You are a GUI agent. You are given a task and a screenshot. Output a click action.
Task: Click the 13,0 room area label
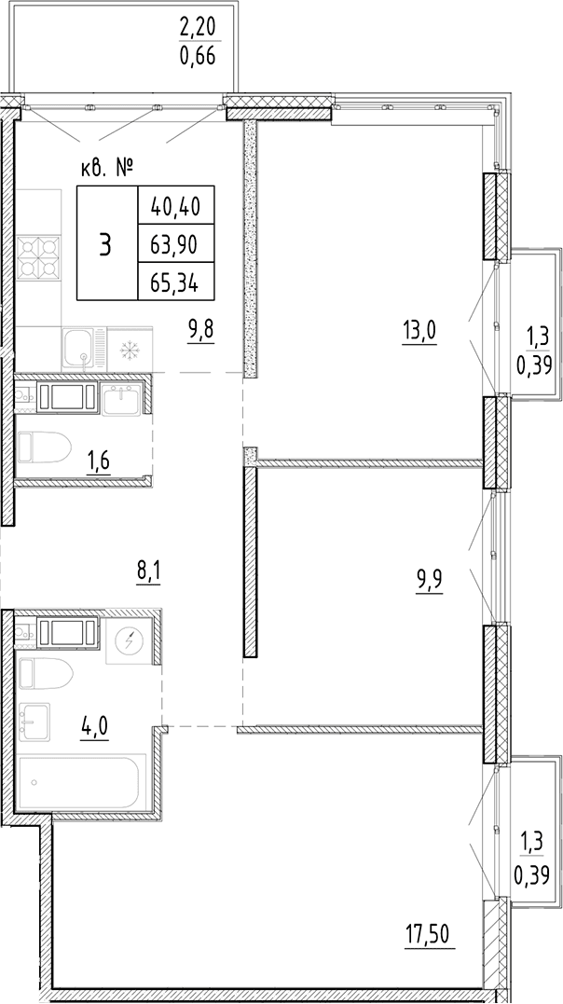point(419,332)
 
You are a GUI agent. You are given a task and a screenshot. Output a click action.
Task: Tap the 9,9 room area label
point(429,582)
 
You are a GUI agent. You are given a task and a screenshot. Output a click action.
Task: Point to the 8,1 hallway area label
point(148,569)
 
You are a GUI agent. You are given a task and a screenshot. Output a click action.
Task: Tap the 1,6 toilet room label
point(98,460)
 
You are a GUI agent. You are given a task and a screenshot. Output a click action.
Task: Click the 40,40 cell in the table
point(175,205)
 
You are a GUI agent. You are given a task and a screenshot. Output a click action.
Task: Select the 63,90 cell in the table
point(175,243)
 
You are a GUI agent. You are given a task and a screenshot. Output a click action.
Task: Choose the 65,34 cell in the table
point(175,282)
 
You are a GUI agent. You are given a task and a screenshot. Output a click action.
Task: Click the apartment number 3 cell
point(107,243)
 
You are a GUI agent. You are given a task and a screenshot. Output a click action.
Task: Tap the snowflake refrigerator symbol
point(130,350)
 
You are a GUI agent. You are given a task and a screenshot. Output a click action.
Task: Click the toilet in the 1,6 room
point(44,447)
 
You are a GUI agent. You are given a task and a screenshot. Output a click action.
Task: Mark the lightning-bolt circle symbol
point(130,641)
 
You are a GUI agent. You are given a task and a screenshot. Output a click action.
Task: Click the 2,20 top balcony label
point(198,28)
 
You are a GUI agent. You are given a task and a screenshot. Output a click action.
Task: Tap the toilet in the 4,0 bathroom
point(46,673)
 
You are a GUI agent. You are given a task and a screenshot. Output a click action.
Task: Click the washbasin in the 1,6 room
point(121,399)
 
